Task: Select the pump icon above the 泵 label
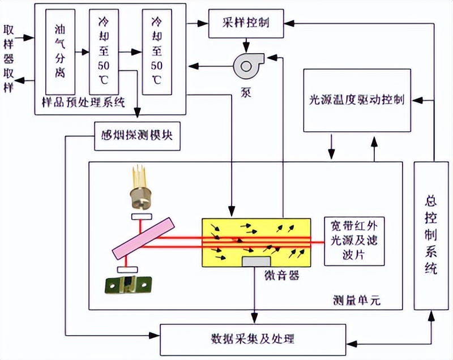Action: coord(246,65)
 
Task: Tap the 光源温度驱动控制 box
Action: coord(357,100)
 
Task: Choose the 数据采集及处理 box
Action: coord(253,339)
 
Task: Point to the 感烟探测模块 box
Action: coord(137,136)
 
